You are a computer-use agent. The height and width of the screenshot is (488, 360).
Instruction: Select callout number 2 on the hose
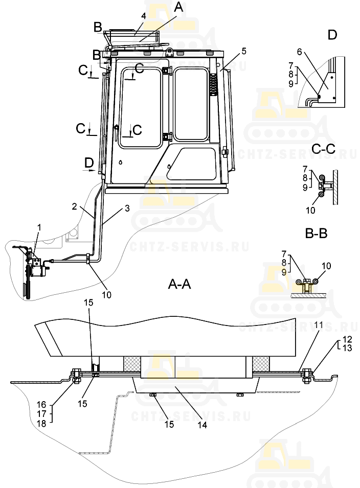pyautogui.click(x=75, y=206)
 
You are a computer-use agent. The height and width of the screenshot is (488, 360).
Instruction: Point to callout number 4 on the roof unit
pyautogui.click(x=144, y=16)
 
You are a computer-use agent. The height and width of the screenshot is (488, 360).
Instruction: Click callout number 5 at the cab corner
pyautogui.click(x=244, y=51)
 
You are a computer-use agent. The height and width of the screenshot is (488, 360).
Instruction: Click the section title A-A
pyautogui.click(x=179, y=285)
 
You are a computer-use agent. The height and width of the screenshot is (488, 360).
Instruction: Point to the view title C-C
pyautogui.click(x=323, y=148)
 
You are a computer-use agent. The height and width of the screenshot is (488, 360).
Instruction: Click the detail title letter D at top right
pyautogui.click(x=332, y=35)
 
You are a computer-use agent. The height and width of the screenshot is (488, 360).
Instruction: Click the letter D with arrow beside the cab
pyautogui.click(x=89, y=162)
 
